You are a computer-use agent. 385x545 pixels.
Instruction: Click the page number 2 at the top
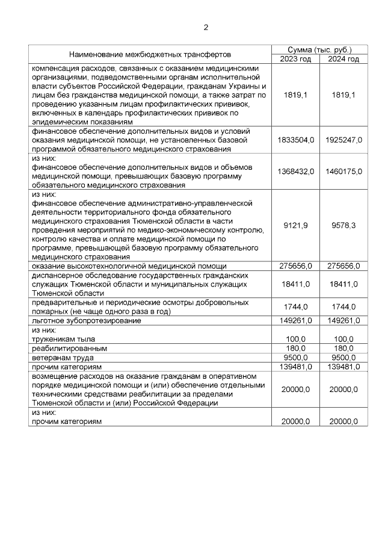pos(206,27)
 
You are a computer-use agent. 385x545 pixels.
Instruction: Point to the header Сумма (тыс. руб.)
pos(319,49)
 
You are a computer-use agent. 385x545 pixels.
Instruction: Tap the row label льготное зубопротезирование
pos(87,321)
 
